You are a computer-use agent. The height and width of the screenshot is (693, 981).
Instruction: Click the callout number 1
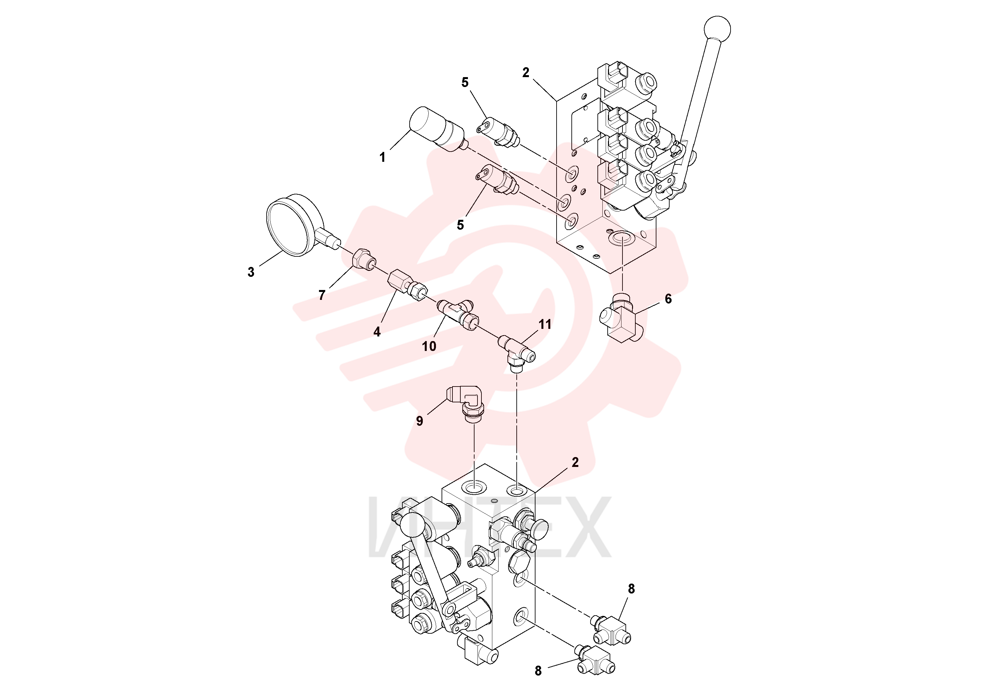382,158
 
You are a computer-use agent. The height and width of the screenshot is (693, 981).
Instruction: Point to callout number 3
251,272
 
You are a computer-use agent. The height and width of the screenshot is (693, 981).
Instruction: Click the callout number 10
429,346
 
